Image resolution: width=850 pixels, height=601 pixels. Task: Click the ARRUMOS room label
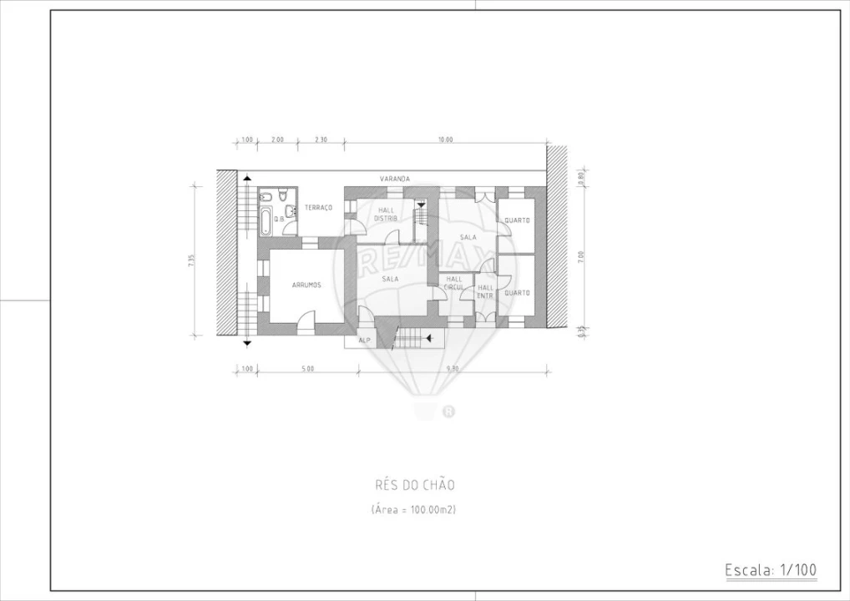(306, 285)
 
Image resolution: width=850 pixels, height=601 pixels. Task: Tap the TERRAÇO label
(318, 207)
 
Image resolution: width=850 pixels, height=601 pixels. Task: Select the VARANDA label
(394, 179)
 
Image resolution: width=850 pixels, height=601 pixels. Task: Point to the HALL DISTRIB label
(386, 214)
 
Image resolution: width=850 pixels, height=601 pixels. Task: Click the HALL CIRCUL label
(454, 283)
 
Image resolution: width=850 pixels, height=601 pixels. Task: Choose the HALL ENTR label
(485, 291)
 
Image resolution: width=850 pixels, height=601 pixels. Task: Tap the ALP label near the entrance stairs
(364, 341)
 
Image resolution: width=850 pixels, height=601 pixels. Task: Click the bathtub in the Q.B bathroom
(266, 221)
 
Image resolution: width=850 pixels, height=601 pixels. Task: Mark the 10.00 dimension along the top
(445, 139)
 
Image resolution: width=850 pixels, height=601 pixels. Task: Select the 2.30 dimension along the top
(321, 139)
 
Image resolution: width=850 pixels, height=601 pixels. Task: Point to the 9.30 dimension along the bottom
(452, 368)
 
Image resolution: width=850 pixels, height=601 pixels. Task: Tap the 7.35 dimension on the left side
(191, 260)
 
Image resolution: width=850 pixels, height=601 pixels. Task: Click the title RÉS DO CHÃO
(415, 485)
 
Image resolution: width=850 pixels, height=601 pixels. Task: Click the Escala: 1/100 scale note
(771, 570)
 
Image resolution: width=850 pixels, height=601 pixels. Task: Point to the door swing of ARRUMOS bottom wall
(306, 320)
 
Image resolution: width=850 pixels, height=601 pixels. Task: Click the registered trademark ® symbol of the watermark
(448, 411)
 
